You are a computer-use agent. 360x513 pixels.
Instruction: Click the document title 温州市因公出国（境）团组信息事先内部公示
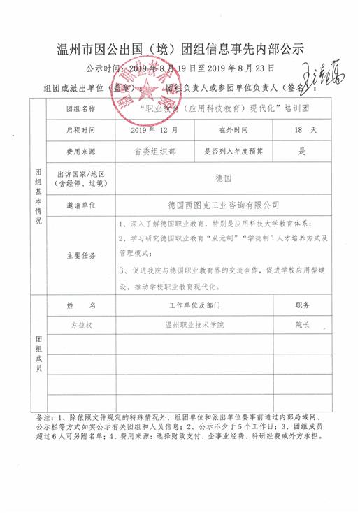180,50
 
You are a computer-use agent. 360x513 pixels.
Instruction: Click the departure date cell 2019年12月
154,130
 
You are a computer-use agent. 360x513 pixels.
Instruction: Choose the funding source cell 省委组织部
154,151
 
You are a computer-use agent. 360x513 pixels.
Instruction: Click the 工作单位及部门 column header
194,305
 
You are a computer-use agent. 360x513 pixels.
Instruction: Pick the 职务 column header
302,305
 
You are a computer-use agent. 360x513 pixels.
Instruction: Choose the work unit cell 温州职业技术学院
194,325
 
